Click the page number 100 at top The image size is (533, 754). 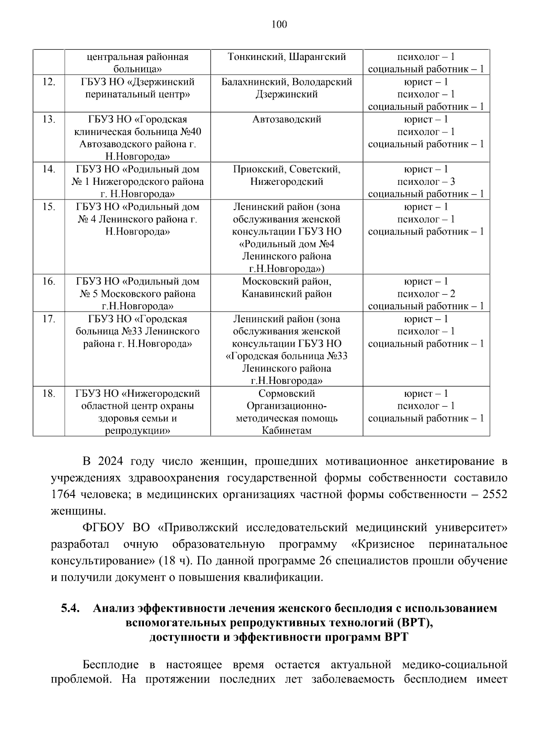[279, 24]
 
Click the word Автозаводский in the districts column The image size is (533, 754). [286, 120]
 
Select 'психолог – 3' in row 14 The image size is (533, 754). [426, 182]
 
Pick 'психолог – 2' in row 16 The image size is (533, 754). [426, 294]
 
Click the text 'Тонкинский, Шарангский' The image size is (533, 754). [286, 57]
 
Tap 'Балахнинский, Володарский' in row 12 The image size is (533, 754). [286, 82]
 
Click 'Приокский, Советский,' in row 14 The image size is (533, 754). [286, 169]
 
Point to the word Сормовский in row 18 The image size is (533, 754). [286, 394]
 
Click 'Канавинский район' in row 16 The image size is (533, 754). [286, 294]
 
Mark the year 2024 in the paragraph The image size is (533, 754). [110, 462]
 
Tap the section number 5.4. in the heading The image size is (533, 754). [70, 609]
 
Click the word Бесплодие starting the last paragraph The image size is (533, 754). [111, 665]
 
